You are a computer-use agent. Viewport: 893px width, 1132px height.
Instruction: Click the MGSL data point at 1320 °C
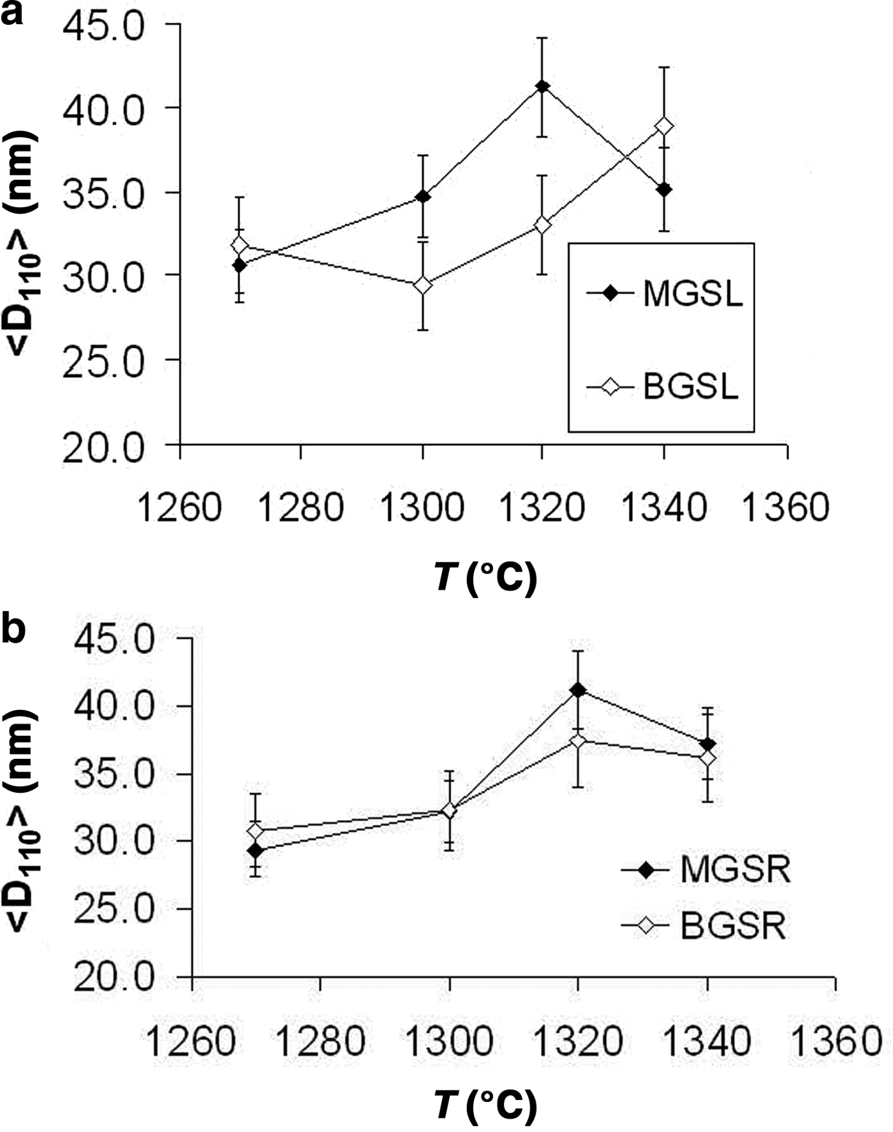(x=542, y=86)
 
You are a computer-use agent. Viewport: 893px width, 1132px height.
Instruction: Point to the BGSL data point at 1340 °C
(x=664, y=126)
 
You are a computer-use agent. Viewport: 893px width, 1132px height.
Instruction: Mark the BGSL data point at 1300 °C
(x=422, y=285)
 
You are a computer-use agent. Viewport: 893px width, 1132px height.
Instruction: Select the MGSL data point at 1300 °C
(x=422, y=196)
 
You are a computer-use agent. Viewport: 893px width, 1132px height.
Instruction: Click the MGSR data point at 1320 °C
(x=578, y=689)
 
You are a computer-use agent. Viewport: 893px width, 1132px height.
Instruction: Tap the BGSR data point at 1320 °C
(x=578, y=741)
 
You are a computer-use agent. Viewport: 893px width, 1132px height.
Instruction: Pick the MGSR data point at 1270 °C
(x=256, y=850)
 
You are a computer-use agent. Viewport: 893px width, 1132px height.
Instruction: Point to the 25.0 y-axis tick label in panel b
(x=115, y=909)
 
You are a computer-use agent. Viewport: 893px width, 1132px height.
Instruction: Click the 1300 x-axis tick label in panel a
(x=422, y=509)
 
